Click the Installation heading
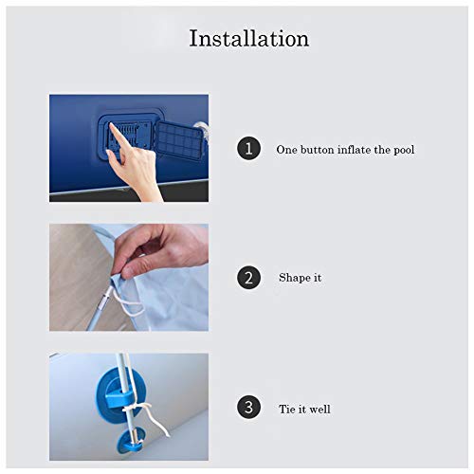pyautogui.click(x=249, y=39)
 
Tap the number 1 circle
pyautogui.click(x=248, y=148)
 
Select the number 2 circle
pyautogui.click(x=248, y=278)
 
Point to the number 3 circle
pyautogui.click(x=248, y=408)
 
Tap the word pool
pyautogui.click(x=404, y=150)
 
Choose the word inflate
pyautogui.click(x=355, y=150)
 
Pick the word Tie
pyautogui.click(x=287, y=409)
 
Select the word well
pyautogui.click(x=319, y=409)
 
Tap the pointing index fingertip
pyautogui.click(x=112, y=126)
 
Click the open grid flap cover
pyautogui.click(x=179, y=140)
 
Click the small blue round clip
pyautogui.click(x=130, y=440)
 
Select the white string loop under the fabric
pyautogui.click(x=126, y=302)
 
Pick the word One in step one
pyautogui.click(x=286, y=150)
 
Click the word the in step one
pyautogui.click(x=382, y=150)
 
